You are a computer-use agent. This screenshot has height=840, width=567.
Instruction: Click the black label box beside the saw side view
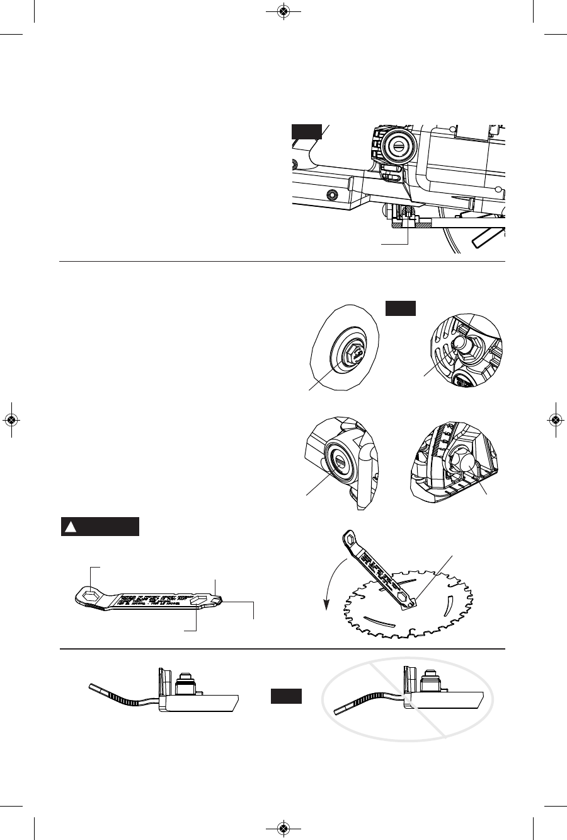307,131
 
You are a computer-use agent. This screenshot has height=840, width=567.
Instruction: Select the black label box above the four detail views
401,308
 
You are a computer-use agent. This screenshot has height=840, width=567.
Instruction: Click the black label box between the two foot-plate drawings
287,696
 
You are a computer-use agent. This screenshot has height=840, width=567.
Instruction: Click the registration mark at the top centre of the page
283,11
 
